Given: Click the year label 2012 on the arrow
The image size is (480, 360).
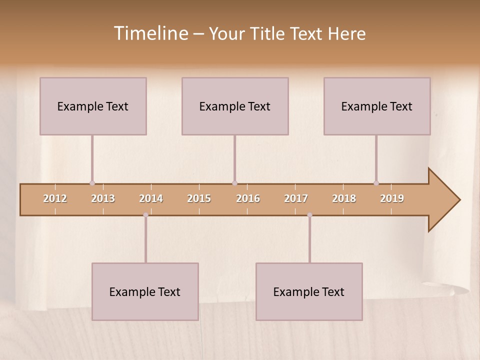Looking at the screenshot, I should click(x=55, y=198).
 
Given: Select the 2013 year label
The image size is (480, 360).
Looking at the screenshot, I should click(x=103, y=198).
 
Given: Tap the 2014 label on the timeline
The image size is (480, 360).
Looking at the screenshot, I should click(x=151, y=198).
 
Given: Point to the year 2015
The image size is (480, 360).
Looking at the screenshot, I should click(x=199, y=198).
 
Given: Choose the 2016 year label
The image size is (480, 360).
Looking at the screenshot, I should click(x=248, y=198).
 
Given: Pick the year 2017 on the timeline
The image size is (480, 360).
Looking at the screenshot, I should click(x=296, y=198).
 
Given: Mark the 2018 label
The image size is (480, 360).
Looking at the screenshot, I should click(x=344, y=198).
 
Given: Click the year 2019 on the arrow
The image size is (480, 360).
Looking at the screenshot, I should click(x=392, y=198).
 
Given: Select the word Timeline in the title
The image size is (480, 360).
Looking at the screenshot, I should click(x=150, y=33).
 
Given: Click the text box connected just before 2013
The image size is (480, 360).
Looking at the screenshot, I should click(x=93, y=106).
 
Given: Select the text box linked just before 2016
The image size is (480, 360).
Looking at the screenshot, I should click(x=235, y=106).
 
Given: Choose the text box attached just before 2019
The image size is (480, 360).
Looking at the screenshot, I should click(x=377, y=106).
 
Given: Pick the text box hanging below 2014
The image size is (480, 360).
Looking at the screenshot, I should click(x=145, y=291).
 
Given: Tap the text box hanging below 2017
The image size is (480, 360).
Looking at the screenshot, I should click(x=309, y=291).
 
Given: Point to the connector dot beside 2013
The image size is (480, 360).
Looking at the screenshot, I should click(x=92, y=183).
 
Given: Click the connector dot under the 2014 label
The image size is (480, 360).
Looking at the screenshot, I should click(x=145, y=215).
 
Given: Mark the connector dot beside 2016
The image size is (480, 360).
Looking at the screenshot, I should click(x=234, y=183).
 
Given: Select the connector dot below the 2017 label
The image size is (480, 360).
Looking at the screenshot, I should click(x=309, y=215).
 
